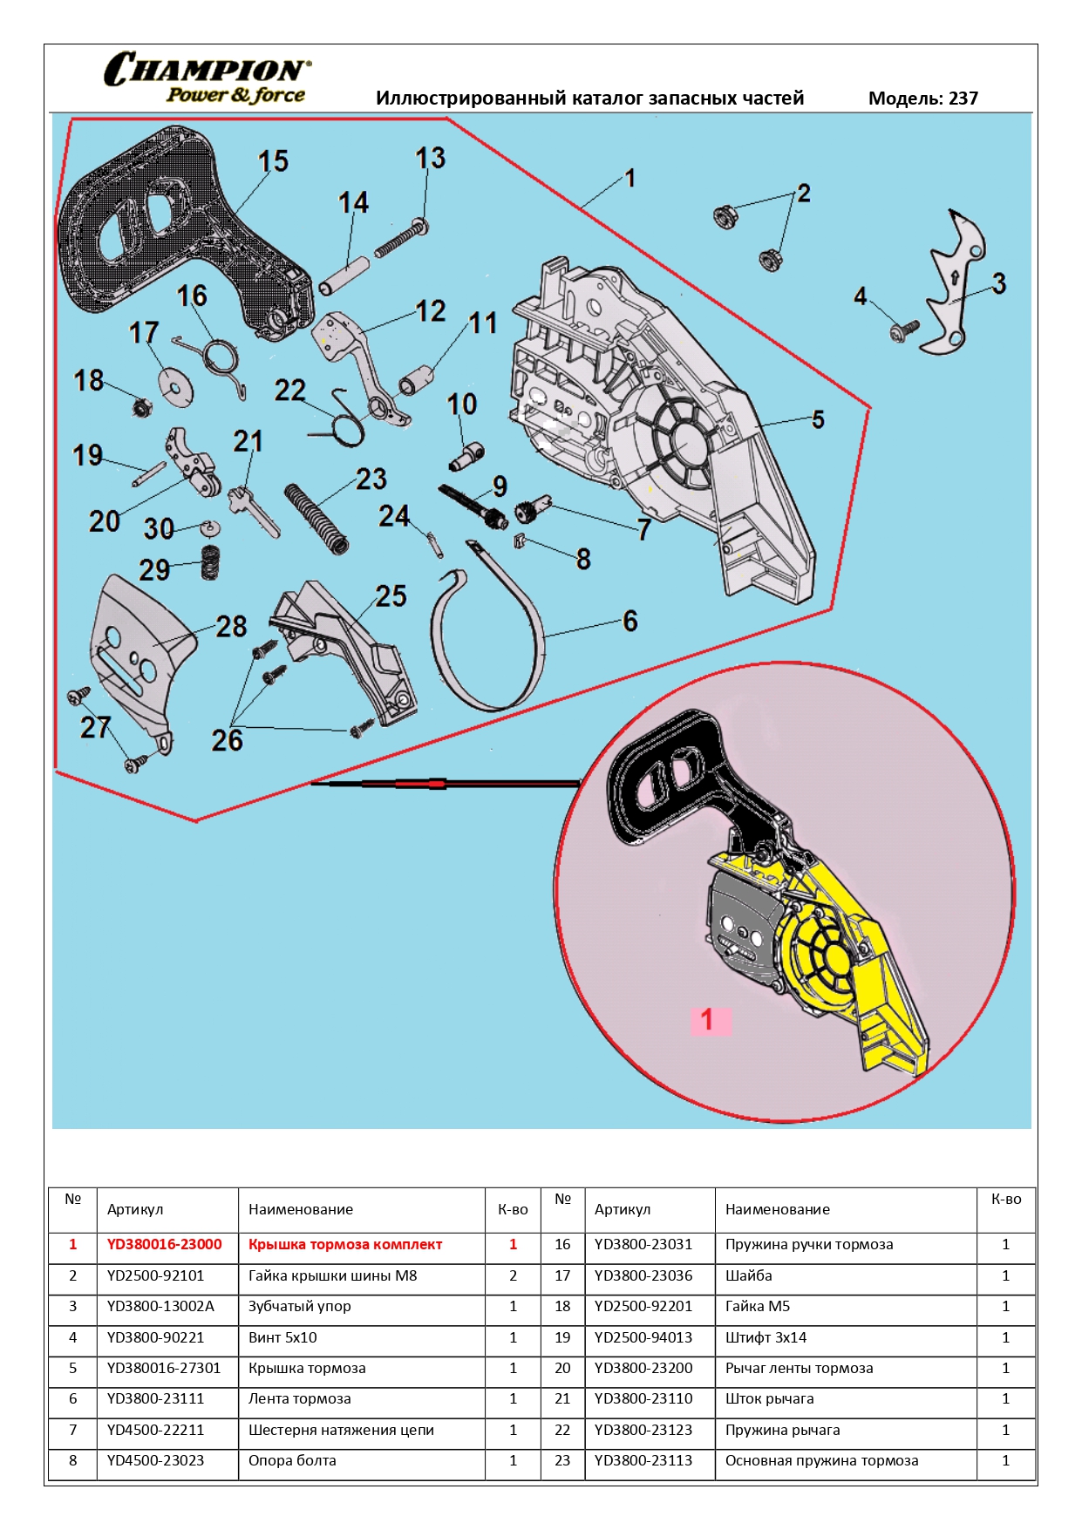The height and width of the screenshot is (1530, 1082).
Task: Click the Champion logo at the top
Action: tap(207, 78)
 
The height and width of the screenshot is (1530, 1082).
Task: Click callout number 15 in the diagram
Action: tap(273, 161)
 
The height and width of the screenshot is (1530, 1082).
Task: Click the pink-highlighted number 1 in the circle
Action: tap(707, 1019)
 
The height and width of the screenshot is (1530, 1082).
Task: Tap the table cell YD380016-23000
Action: tap(164, 1245)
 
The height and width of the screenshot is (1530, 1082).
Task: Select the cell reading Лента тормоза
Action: tap(299, 1399)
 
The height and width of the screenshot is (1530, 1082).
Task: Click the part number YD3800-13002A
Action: tap(160, 1307)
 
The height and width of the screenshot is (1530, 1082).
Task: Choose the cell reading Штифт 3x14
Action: tap(766, 1337)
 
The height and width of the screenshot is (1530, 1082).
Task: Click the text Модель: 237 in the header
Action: tap(922, 99)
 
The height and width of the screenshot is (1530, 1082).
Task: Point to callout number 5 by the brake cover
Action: tap(818, 419)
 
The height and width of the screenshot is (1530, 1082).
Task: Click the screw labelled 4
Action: tap(904, 330)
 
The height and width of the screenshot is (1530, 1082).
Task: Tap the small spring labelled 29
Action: tap(209, 562)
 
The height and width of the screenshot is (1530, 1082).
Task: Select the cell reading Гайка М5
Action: tap(757, 1307)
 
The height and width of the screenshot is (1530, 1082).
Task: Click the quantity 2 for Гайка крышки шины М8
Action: tap(513, 1276)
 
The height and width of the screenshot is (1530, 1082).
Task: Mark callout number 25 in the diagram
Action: tap(391, 596)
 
